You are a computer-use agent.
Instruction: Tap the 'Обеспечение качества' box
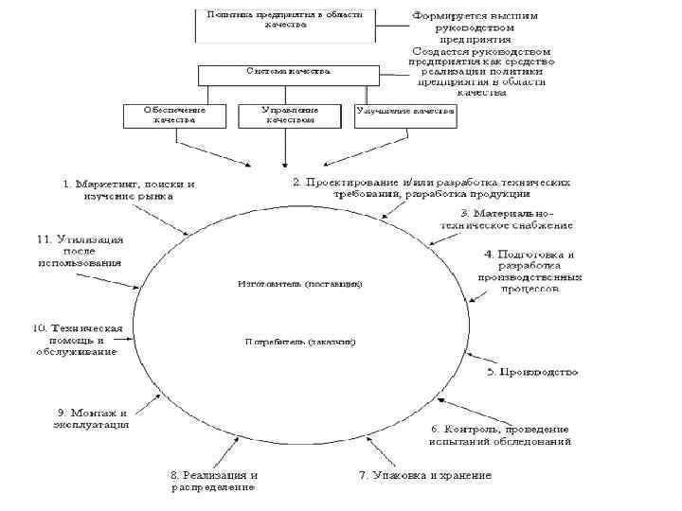click(176, 115)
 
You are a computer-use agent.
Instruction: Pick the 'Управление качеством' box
click(288, 115)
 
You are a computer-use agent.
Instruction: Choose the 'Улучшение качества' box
click(404, 115)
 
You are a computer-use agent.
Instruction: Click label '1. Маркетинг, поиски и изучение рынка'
click(129, 189)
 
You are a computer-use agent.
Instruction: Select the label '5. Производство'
click(532, 372)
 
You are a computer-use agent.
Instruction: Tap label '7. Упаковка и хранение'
click(424, 475)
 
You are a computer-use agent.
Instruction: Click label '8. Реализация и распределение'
click(215, 481)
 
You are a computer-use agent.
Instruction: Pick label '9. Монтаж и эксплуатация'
click(91, 418)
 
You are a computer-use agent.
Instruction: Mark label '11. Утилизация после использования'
click(79, 251)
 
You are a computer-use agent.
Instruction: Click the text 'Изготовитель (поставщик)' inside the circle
click(299, 283)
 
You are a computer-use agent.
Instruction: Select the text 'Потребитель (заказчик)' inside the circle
click(299, 340)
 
